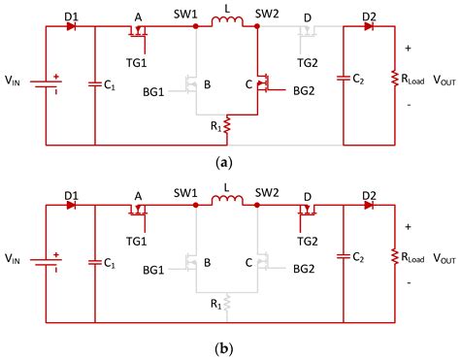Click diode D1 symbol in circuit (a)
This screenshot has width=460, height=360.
tap(71, 27)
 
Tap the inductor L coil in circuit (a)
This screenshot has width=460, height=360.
tap(226, 26)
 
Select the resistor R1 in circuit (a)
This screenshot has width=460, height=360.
tap(225, 125)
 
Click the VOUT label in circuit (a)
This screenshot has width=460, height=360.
tap(435, 81)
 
